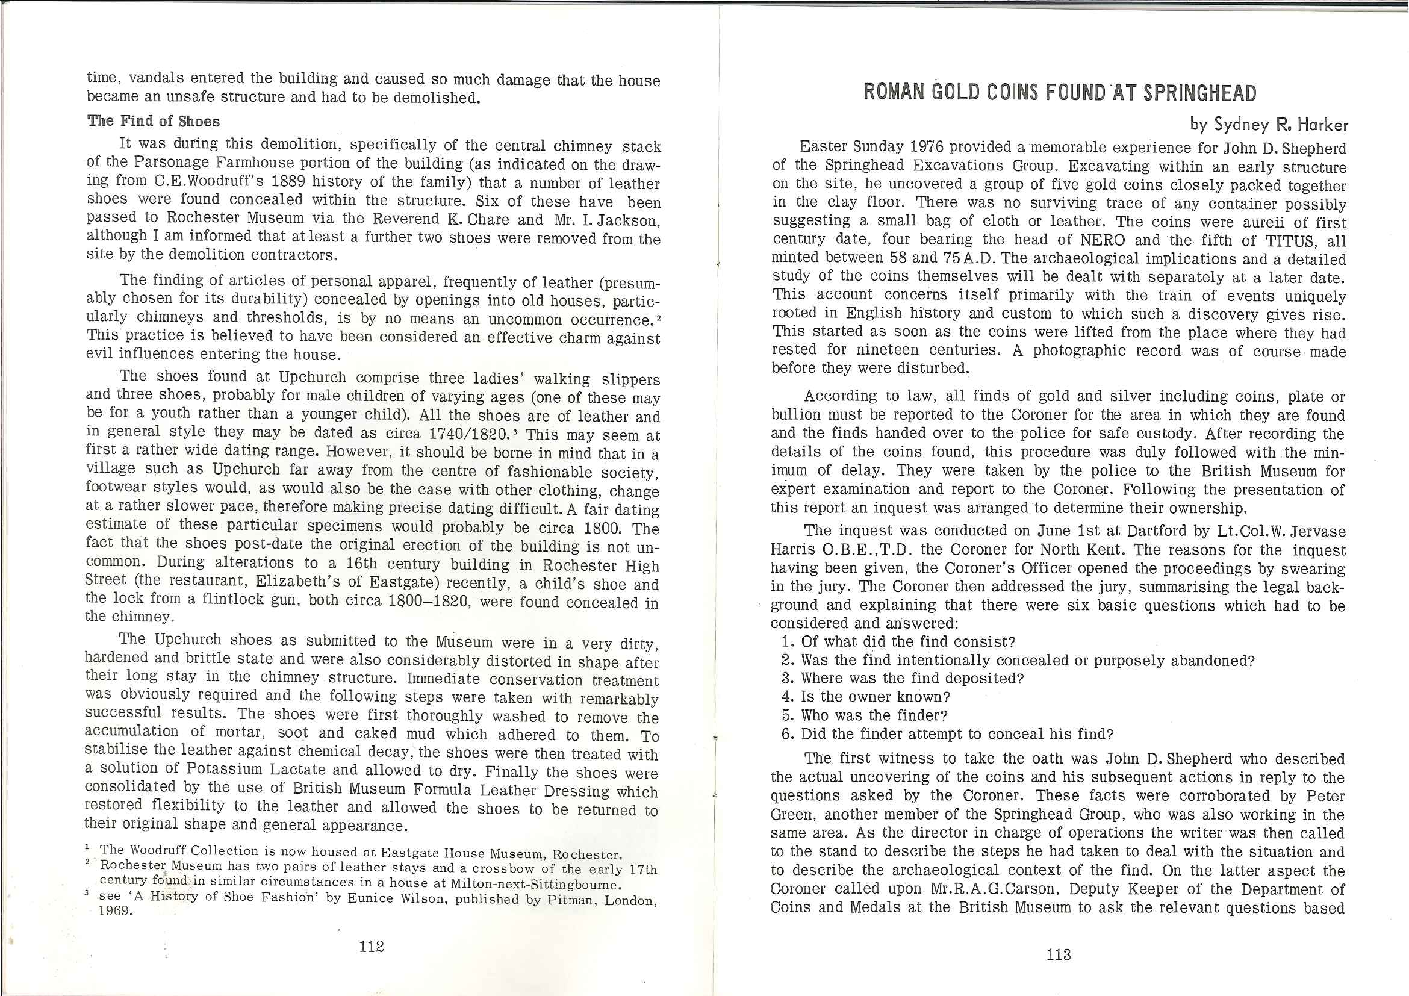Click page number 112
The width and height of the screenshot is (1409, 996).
pos(372,945)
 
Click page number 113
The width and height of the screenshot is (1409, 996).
pos(1059,954)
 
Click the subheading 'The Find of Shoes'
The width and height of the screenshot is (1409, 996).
pos(154,121)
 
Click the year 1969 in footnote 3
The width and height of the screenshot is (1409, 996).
pos(116,910)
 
